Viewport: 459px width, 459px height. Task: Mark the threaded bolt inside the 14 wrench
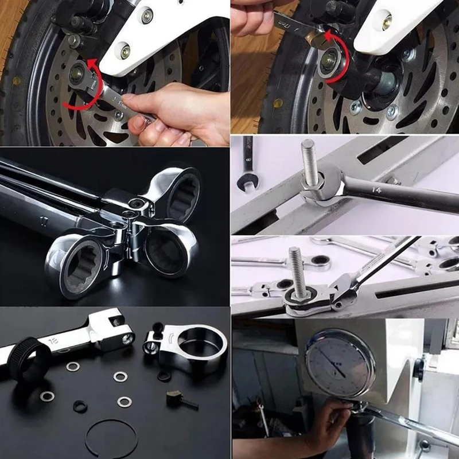[x=309, y=164]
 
